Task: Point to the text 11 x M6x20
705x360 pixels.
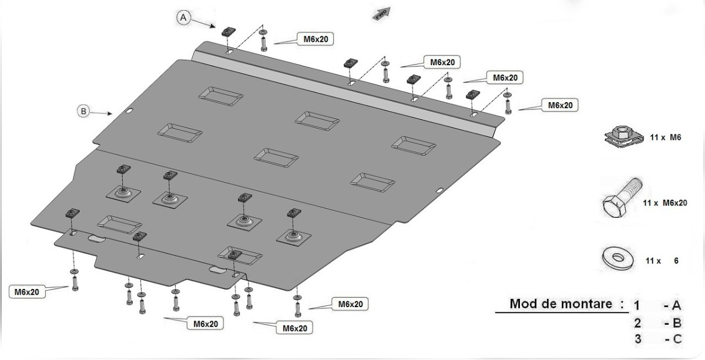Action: [665, 203]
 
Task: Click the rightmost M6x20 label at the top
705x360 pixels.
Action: [560, 105]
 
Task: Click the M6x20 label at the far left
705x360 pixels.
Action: [27, 291]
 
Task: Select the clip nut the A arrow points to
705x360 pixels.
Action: [227, 31]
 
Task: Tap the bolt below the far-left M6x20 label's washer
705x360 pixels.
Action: [74, 284]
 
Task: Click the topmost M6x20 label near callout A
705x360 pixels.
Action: [315, 39]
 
